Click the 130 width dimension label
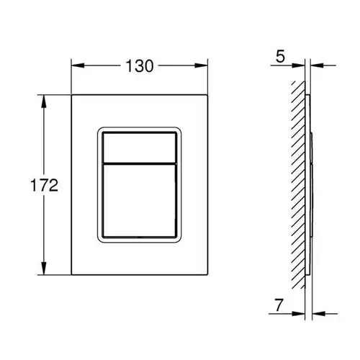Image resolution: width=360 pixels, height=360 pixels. click(140, 66)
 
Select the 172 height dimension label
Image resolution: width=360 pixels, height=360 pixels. click(45, 185)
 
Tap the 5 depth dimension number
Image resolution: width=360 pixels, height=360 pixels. click(280, 56)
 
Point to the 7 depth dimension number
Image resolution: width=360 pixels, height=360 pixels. click(279, 305)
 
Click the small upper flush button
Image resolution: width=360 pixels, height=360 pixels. click(139, 148)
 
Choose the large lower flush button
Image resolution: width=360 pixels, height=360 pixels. click(139, 201)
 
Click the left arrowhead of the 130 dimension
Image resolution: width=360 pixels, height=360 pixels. click(78, 66)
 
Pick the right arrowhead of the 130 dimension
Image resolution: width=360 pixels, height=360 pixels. click(201, 66)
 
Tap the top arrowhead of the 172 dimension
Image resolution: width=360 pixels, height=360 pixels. click(43, 102)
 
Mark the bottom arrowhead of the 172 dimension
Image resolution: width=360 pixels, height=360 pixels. click(43, 268)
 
